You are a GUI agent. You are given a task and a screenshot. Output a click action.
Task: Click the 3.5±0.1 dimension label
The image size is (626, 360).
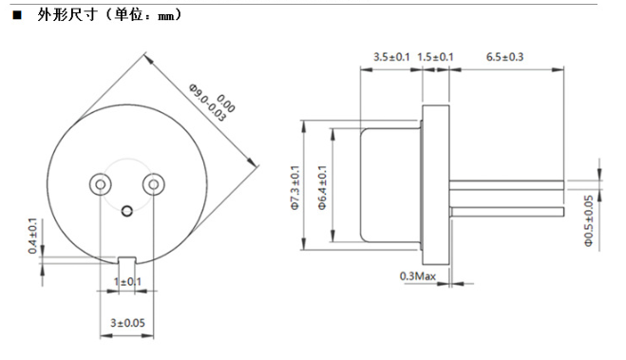(391, 57)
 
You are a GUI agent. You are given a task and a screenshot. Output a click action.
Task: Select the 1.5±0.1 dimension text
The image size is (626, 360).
(435, 57)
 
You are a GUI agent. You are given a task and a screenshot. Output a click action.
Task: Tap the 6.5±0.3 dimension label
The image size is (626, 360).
(504, 57)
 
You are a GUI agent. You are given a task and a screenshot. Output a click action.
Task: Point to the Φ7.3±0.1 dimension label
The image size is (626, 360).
(295, 187)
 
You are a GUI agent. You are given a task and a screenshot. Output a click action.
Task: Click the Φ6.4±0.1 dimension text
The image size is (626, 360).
(323, 187)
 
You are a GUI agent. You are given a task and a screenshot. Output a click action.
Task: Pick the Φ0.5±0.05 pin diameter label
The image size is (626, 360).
(589, 220)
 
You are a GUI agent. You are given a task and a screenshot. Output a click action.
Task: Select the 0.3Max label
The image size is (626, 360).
(418, 275)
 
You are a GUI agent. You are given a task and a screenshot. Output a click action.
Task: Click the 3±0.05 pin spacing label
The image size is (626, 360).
(127, 323)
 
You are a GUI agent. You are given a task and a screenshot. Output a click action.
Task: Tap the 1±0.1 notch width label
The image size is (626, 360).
(127, 282)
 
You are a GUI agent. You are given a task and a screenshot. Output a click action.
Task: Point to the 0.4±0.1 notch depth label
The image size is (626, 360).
(32, 236)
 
